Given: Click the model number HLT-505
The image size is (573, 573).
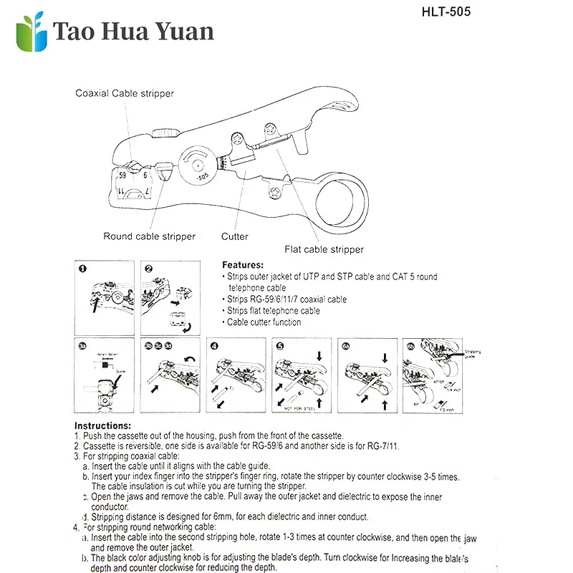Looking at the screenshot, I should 446,12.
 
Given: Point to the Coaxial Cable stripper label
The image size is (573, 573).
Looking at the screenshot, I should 125,93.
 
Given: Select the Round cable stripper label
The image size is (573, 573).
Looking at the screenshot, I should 149,236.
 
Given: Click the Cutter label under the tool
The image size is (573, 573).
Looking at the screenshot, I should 234,236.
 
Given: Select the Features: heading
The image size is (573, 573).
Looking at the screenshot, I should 243,264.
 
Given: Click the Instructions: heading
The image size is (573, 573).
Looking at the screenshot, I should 102,425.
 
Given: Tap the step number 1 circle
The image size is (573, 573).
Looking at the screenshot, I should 82,269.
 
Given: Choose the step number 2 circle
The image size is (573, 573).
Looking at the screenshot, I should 148,269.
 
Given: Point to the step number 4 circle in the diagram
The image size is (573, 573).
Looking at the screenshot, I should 214,345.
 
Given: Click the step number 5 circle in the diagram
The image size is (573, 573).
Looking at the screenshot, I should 280,345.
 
